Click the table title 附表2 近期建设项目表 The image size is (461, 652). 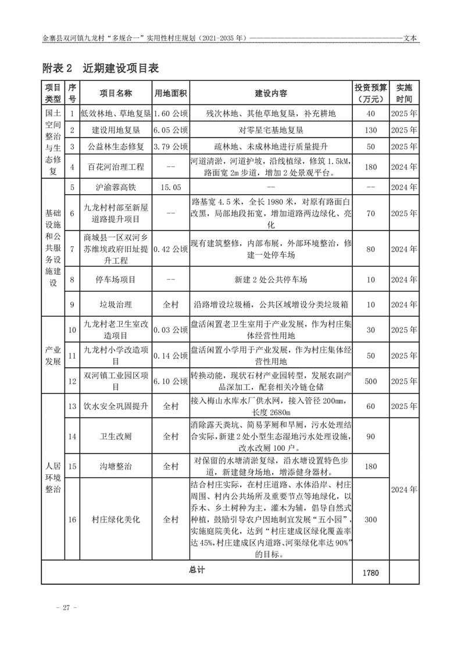[101, 68]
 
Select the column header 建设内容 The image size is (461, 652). [271, 94]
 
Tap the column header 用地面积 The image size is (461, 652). [170, 94]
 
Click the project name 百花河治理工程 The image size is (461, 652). [116, 167]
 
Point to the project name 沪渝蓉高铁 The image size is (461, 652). [116, 187]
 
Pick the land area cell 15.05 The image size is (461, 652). [170, 187]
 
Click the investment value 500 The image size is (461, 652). [371, 381]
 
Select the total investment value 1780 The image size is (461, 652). [370, 572]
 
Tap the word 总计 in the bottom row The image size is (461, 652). [197, 569]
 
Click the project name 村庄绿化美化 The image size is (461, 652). [116, 520]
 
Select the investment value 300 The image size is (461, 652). [371, 520]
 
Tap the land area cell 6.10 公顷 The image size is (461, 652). [170, 381]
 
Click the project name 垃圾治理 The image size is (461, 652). [116, 304]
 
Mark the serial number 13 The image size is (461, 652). [72, 406]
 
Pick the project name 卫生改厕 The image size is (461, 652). [116, 435]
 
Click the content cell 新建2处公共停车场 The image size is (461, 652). [271, 280]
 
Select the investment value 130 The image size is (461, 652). [371, 130]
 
